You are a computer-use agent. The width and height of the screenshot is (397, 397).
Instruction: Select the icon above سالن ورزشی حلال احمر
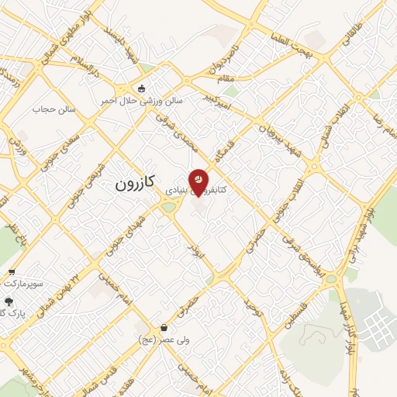[141, 88]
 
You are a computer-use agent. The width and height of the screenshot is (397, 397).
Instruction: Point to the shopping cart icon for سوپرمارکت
[12, 272]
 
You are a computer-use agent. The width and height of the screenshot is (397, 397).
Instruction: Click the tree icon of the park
[9, 302]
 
